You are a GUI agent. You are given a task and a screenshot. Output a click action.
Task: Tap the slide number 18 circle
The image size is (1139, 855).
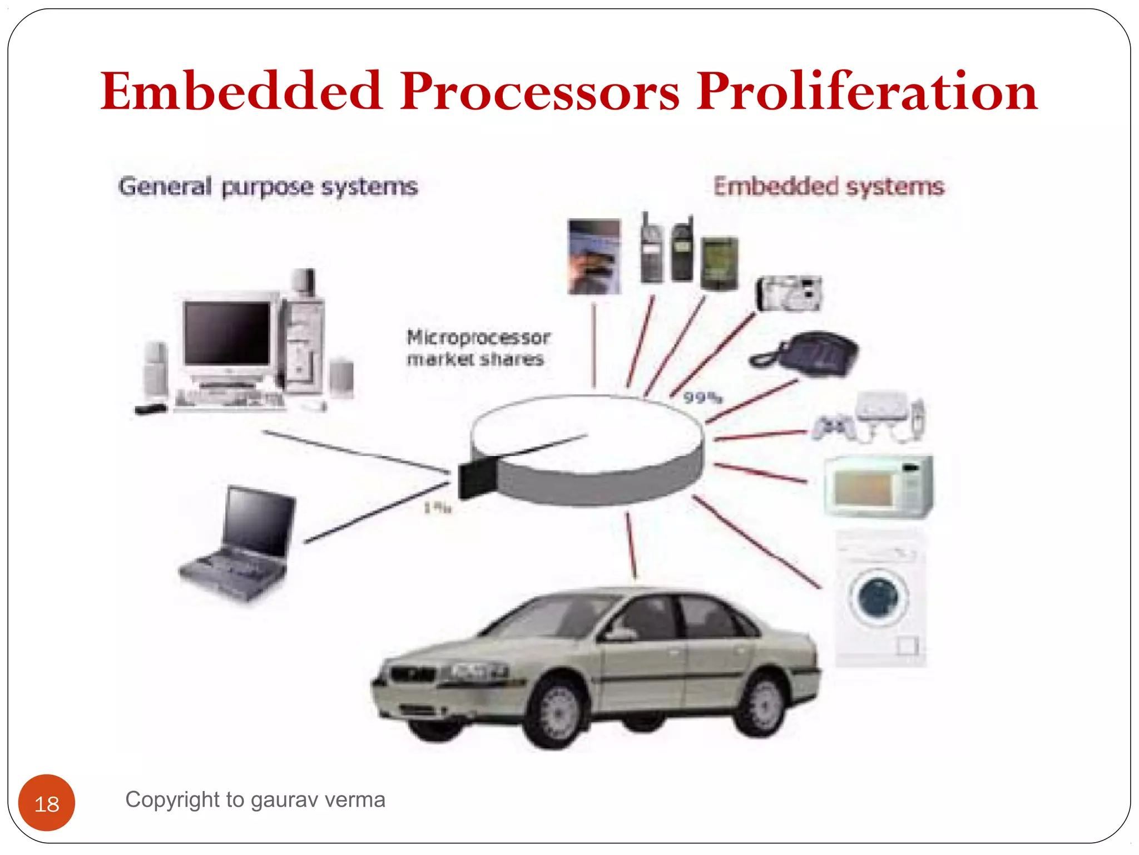click(47, 803)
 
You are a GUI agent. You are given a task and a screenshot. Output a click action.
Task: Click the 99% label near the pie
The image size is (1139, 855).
click(702, 397)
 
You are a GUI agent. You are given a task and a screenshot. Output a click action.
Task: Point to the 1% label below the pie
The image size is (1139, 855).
click(437, 508)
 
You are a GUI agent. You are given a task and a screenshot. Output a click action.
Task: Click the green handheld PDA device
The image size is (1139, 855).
click(719, 262)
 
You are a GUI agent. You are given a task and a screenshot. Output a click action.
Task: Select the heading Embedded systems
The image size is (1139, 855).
click(829, 186)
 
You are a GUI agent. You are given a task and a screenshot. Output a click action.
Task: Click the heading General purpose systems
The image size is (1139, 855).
click(268, 186)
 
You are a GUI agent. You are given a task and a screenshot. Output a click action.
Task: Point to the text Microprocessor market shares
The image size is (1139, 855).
click(477, 348)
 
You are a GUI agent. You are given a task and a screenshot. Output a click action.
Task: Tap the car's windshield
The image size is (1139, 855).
click(548, 616)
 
